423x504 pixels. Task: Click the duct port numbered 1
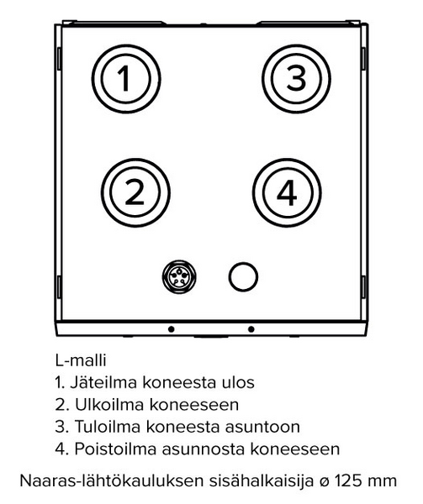click(124, 80)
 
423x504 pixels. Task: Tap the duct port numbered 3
click(294, 79)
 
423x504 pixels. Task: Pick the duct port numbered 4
click(286, 192)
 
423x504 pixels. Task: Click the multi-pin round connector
click(181, 276)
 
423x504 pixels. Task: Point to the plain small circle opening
click(243, 276)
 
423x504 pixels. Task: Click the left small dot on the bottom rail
click(171, 328)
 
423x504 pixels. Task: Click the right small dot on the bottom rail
click(251, 328)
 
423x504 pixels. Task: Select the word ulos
click(240, 383)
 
